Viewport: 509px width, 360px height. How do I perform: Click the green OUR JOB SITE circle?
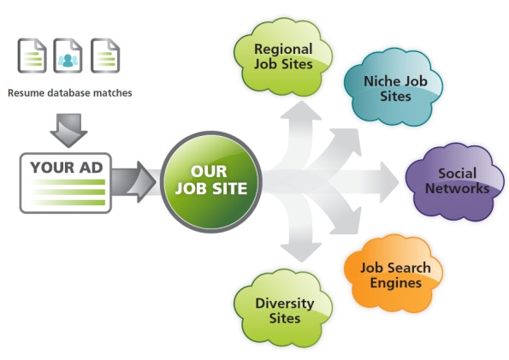211,181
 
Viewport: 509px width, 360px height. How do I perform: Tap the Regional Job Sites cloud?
283,57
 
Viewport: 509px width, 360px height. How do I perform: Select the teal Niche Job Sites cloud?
394,87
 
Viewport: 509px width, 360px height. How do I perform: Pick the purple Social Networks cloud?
455,182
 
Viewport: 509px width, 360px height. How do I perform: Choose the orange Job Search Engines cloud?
394,274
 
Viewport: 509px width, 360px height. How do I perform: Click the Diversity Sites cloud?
283,309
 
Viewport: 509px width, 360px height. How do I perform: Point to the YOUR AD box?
66,183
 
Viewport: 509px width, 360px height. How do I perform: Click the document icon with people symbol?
68,56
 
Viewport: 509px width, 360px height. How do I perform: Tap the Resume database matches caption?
70,93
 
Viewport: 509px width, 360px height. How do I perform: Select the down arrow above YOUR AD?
68,130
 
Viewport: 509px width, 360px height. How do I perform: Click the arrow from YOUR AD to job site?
133,182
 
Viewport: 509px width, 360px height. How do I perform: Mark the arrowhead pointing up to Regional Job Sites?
301,110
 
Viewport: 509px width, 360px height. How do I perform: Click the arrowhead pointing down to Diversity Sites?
301,252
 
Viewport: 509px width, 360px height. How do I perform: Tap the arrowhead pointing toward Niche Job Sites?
347,139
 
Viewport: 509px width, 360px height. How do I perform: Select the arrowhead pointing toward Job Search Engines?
347,223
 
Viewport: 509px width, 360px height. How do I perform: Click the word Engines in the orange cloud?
396,283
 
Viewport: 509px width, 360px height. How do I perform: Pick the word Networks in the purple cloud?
457,188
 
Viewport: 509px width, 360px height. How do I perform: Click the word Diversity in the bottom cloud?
285,304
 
